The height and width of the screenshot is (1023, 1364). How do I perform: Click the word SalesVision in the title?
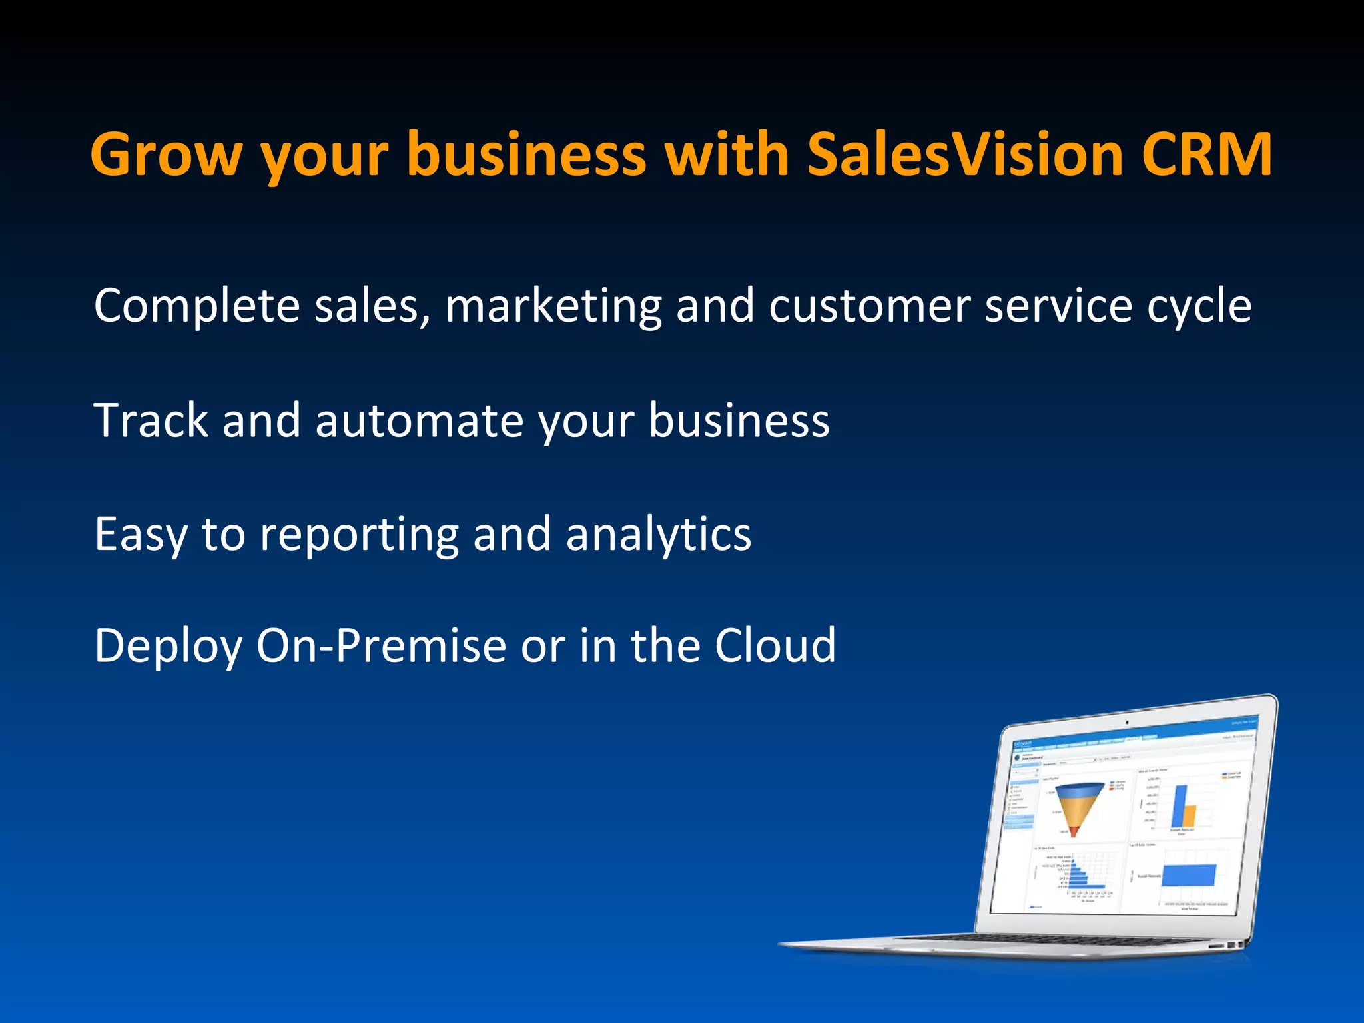pyautogui.click(x=965, y=155)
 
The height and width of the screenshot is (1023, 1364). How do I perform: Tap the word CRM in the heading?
pyautogui.click(x=1206, y=155)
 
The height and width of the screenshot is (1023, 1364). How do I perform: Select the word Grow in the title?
pyautogui.click(x=167, y=155)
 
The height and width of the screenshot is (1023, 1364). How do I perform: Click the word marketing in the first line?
pyautogui.click(x=553, y=306)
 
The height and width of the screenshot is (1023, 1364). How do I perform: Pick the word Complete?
pyautogui.click(x=197, y=306)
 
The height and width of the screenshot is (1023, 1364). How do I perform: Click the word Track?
pyautogui.click(x=151, y=421)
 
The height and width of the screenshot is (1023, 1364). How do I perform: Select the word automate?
pyautogui.click(x=419, y=421)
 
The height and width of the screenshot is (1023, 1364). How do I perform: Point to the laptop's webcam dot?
pyautogui.click(x=1127, y=722)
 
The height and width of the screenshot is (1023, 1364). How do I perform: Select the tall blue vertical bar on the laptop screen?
pyautogui.click(x=1180, y=807)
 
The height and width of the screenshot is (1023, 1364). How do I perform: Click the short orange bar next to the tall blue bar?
pyautogui.click(x=1190, y=817)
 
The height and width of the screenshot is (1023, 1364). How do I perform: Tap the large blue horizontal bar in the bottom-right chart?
pyautogui.click(x=1189, y=875)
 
